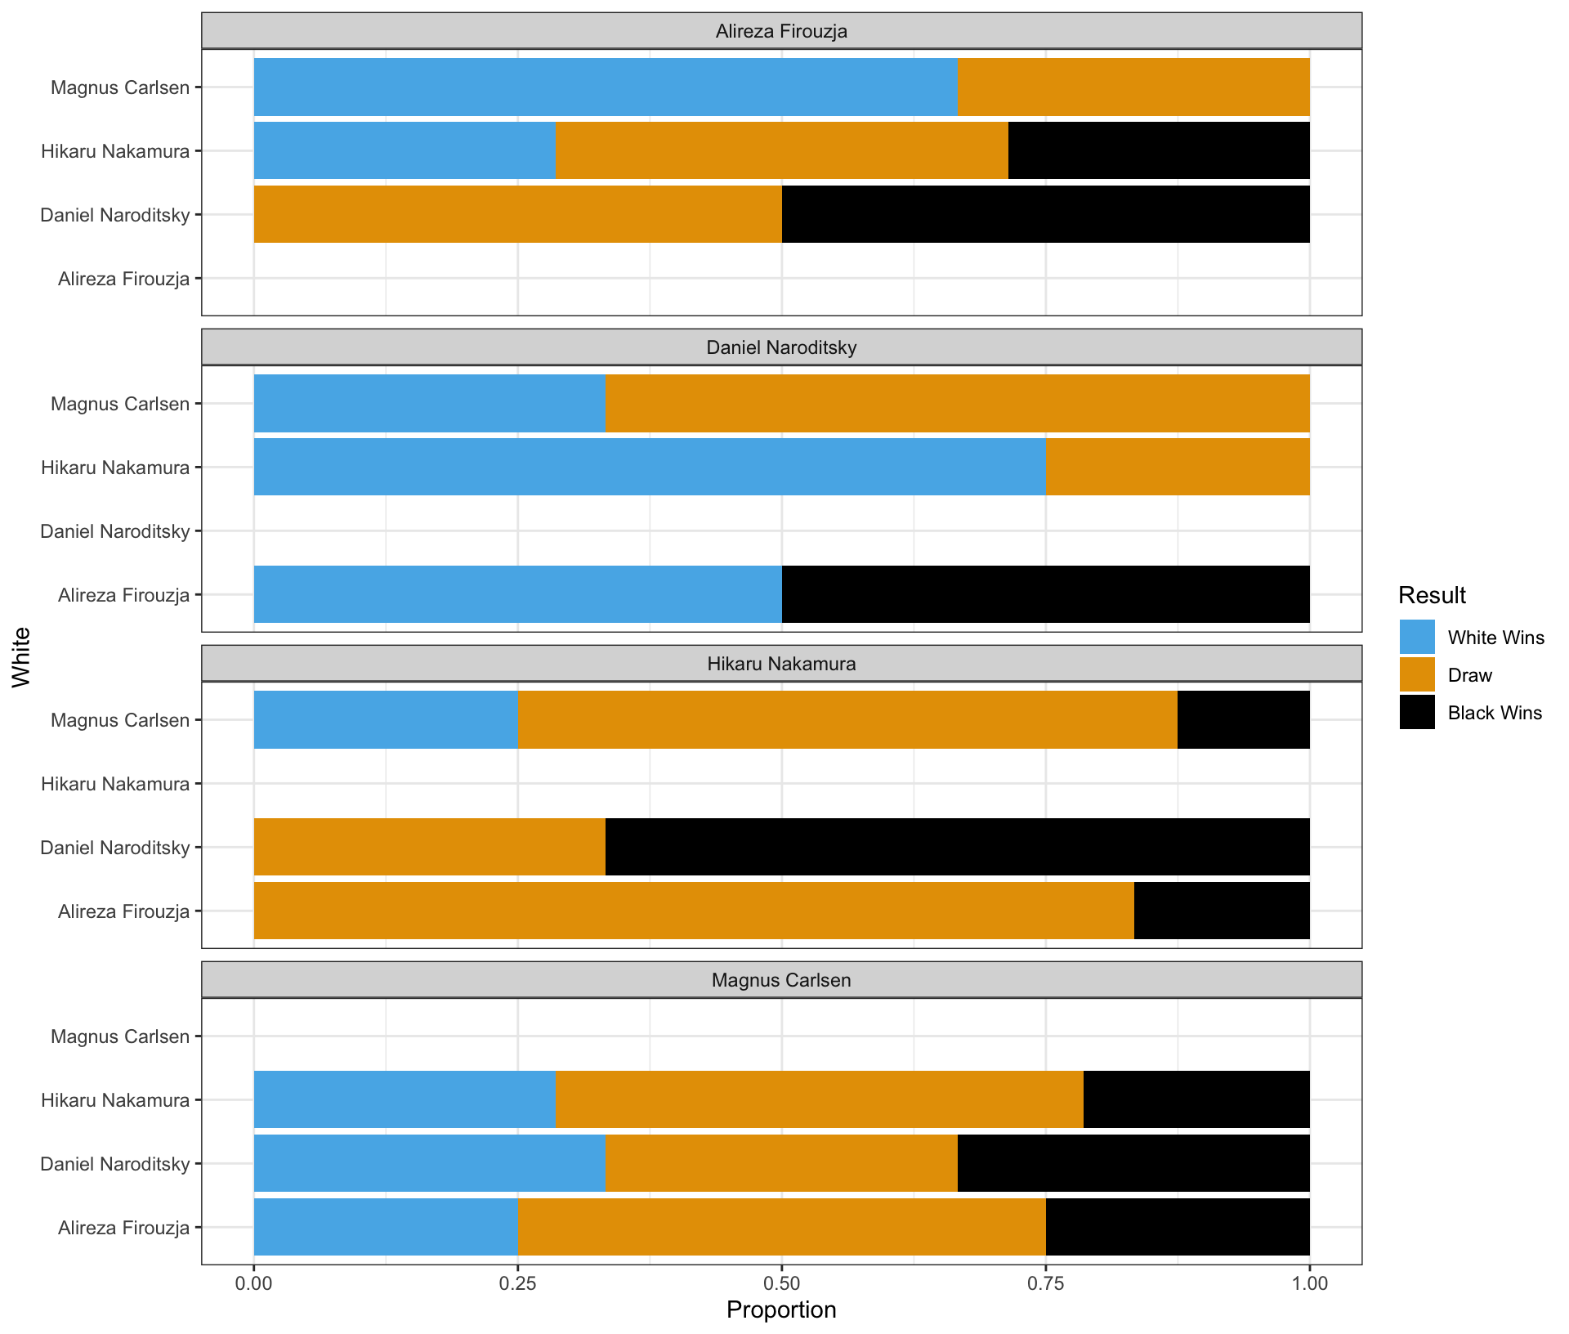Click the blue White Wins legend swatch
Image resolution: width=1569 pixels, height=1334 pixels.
(1417, 638)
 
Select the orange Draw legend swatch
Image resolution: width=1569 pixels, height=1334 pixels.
(1417, 675)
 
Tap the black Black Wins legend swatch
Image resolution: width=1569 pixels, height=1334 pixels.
(1417, 713)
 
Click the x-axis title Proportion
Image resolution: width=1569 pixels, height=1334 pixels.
(781, 1310)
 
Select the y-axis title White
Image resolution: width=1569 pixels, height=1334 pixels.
(21, 657)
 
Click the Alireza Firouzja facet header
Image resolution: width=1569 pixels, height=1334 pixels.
(781, 32)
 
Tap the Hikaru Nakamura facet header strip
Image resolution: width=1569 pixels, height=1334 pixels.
(781, 664)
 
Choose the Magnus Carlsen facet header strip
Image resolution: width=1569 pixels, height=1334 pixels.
(781, 980)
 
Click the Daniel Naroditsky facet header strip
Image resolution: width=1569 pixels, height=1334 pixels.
(781, 347)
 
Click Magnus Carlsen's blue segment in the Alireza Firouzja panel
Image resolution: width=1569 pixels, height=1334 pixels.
(605, 87)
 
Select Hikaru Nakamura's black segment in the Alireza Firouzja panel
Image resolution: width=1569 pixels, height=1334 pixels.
(1159, 150)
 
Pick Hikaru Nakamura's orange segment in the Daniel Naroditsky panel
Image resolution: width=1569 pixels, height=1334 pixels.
(1177, 467)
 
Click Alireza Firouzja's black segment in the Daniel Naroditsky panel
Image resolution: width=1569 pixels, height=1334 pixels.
(1045, 594)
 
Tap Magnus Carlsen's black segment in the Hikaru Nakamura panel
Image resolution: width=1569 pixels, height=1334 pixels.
(1243, 719)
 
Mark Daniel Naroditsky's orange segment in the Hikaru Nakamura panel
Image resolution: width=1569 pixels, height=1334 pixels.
(430, 847)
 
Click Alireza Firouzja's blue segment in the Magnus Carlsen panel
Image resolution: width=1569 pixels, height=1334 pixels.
(386, 1227)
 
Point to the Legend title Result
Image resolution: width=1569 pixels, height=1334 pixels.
(1432, 595)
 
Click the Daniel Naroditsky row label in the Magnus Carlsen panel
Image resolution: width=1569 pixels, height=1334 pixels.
(115, 1164)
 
